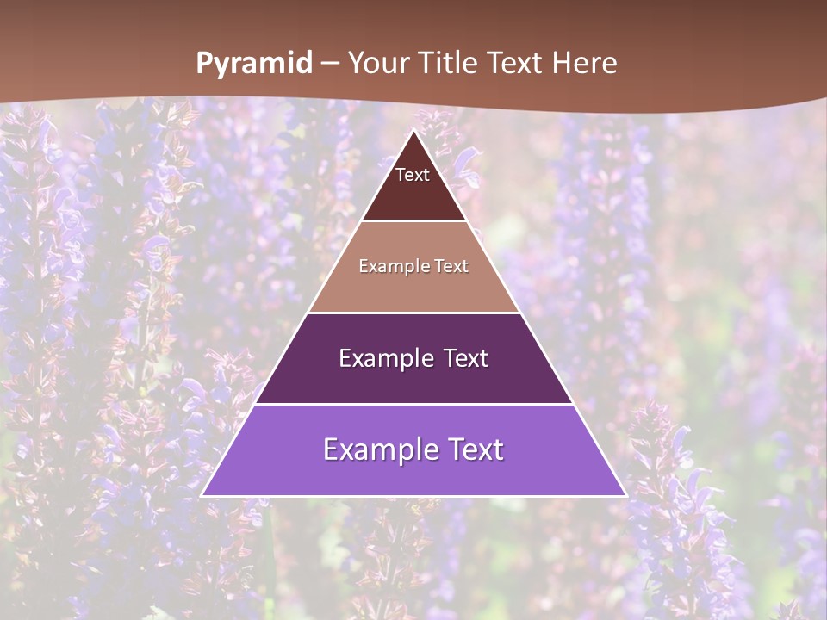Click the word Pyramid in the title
[254, 64]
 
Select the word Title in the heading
[451, 63]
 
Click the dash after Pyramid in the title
[330, 64]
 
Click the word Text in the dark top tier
[412, 175]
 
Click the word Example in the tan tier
[385, 266]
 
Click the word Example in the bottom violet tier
[374, 449]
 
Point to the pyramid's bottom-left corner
[202, 495]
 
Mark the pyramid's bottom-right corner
[625, 495]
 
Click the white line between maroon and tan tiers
[413, 221]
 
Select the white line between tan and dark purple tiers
[413, 313]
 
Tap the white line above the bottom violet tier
[413, 404]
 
